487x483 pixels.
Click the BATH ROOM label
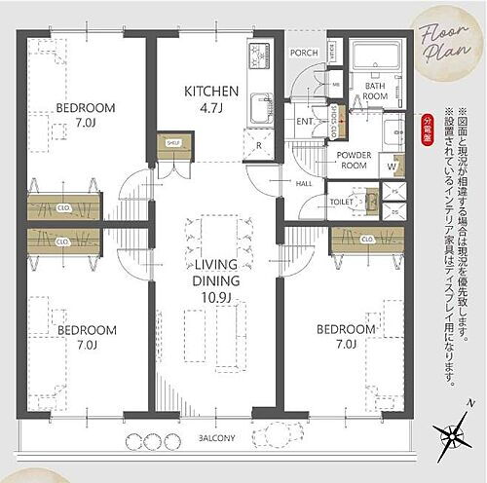click(x=376, y=91)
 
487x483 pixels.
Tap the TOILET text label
click(x=340, y=203)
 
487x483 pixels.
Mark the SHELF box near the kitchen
click(x=174, y=142)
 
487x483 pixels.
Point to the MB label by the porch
click(x=334, y=85)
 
